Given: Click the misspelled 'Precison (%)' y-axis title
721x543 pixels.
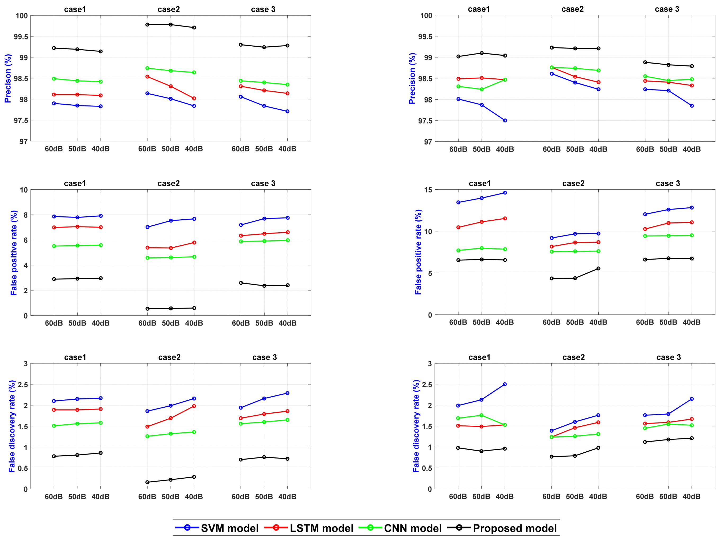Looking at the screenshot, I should click(8, 78).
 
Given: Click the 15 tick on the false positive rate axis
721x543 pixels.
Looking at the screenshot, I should click(428, 190).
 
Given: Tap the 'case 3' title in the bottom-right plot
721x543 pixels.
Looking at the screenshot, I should click(669, 357).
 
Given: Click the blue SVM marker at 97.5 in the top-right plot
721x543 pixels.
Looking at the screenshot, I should click(505, 121).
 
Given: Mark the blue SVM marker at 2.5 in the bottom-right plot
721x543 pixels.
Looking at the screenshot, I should click(505, 384).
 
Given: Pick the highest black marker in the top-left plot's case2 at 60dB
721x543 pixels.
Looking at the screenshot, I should click(147, 24).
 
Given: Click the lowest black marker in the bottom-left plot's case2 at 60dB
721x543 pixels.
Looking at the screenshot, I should click(147, 482).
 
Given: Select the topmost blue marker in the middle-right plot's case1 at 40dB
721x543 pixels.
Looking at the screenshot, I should click(505, 193).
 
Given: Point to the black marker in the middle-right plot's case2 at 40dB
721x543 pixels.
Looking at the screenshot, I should click(598, 269).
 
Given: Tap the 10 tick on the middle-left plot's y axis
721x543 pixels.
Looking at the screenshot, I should click(24, 190).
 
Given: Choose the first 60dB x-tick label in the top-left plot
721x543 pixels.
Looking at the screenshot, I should click(54, 149).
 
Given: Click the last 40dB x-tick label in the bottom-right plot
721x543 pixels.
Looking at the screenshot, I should click(691, 496).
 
